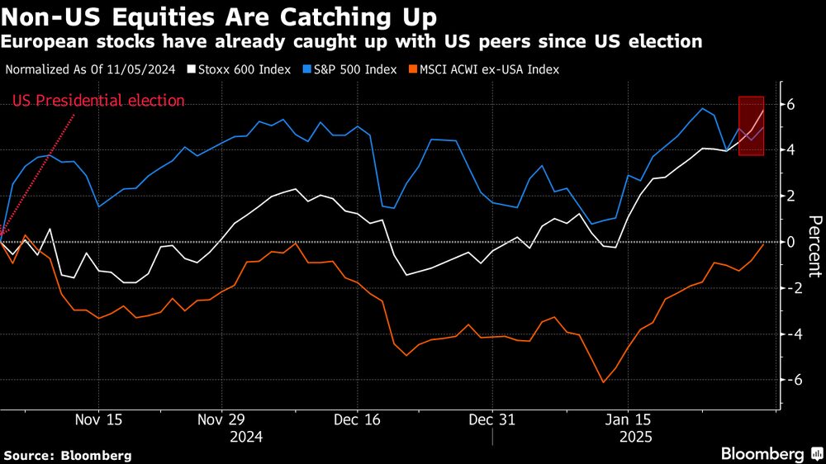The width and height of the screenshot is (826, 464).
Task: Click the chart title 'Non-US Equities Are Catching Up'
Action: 220,17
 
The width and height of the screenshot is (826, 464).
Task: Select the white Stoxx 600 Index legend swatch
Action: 192,70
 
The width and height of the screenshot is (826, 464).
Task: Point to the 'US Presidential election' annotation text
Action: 98,102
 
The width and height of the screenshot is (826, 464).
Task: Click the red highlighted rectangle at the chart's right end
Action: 751,125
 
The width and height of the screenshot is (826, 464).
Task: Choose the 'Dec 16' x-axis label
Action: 358,419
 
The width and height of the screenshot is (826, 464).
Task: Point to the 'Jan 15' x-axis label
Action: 628,419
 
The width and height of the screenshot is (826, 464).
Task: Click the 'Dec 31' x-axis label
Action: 492,419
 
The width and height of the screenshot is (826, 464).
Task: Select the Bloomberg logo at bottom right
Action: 768,454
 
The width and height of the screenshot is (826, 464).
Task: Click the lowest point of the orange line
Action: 603,382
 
